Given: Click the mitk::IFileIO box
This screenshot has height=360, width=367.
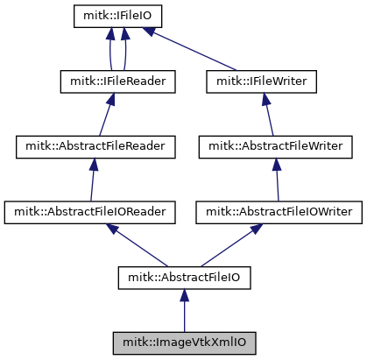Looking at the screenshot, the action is tap(117, 17).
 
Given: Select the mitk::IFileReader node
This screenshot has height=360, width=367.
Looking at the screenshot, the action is tap(117, 81).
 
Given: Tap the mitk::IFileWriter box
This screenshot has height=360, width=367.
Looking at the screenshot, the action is tap(261, 81).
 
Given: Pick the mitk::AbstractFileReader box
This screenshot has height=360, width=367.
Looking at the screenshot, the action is tap(95, 147).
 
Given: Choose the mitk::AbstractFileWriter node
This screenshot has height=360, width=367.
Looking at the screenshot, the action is tap(276, 147).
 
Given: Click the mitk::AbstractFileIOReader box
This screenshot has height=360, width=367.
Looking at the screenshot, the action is tap(89, 213).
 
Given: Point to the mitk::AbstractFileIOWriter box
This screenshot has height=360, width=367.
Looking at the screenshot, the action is tap(279, 213).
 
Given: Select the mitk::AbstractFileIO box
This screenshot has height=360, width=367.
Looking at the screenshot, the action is tap(184, 278).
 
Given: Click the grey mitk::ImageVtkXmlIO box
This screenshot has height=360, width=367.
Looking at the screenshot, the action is tap(184, 343).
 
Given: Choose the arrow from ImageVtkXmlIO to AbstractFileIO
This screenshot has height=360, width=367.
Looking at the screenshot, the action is tap(184, 311).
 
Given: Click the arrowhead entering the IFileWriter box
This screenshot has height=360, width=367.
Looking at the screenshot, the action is tap(265, 99).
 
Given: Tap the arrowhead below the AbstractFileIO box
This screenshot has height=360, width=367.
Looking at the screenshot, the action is tap(184, 295).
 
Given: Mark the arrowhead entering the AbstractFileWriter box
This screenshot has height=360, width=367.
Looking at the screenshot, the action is tap(277, 165).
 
